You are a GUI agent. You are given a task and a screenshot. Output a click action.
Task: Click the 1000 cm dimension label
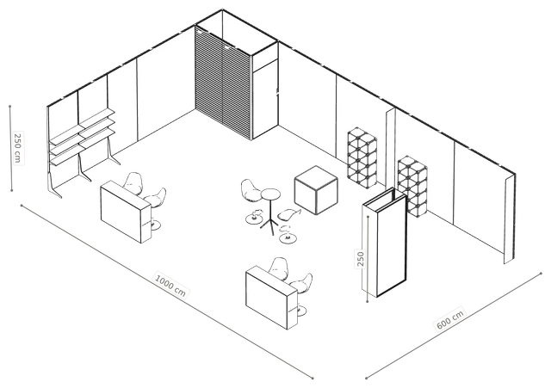tap(170, 284)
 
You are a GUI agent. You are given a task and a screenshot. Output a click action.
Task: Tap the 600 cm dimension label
tap(450, 319)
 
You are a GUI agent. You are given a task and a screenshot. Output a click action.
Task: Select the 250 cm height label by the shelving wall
tap(17, 147)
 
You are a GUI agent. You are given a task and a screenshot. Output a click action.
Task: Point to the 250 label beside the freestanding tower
tap(361, 259)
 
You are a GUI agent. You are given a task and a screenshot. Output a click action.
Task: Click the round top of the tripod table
tap(270, 194)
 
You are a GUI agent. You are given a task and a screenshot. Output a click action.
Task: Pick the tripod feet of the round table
tap(269, 225)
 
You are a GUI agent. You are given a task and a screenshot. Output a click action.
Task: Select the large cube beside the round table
tap(316, 189)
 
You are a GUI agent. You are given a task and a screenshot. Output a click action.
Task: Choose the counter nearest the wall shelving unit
tap(126, 212)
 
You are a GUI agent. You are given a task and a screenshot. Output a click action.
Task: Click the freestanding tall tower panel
tap(385, 243)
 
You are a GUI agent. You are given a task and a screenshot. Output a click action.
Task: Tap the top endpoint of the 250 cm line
tap(10, 106)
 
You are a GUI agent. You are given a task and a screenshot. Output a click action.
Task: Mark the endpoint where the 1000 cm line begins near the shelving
tap(22, 206)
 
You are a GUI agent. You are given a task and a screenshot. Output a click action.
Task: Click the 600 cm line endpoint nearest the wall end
tap(541, 273)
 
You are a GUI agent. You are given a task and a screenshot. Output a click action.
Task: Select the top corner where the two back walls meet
tap(222, 9)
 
